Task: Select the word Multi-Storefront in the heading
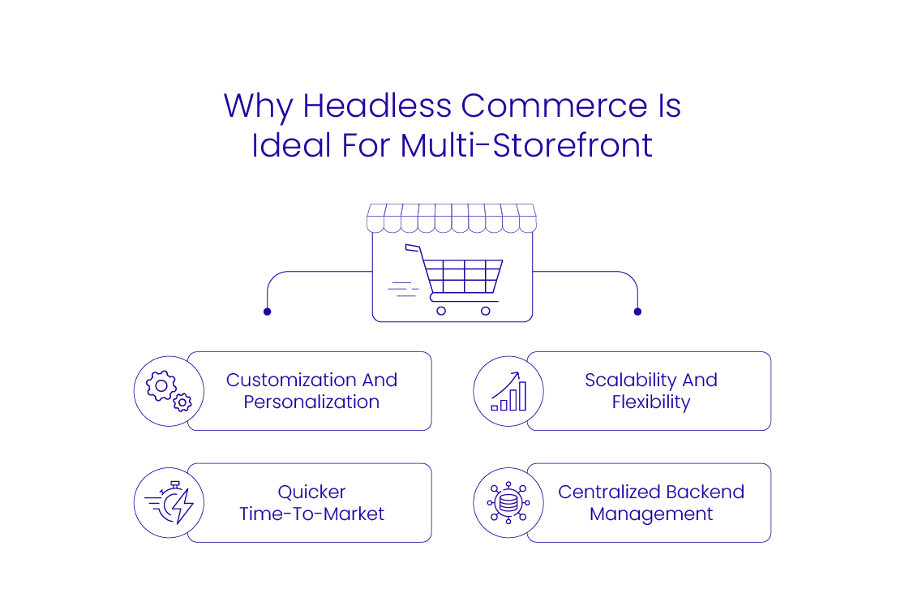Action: [x=526, y=145]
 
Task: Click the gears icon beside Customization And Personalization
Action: [x=169, y=391]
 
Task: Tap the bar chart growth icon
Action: [x=508, y=391]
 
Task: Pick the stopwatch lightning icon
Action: [x=169, y=503]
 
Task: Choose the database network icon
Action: [x=508, y=503]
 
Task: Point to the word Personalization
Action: [x=311, y=402]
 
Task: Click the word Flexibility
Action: [x=651, y=402]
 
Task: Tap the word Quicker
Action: [x=312, y=492]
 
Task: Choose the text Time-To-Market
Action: [x=312, y=514]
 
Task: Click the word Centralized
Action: [x=607, y=492]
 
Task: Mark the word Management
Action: [x=651, y=514]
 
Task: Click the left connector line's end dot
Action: [x=267, y=312]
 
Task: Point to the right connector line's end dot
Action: [x=637, y=312]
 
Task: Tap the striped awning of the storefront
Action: [x=452, y=217]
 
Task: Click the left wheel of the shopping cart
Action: [x=441, y=310]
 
